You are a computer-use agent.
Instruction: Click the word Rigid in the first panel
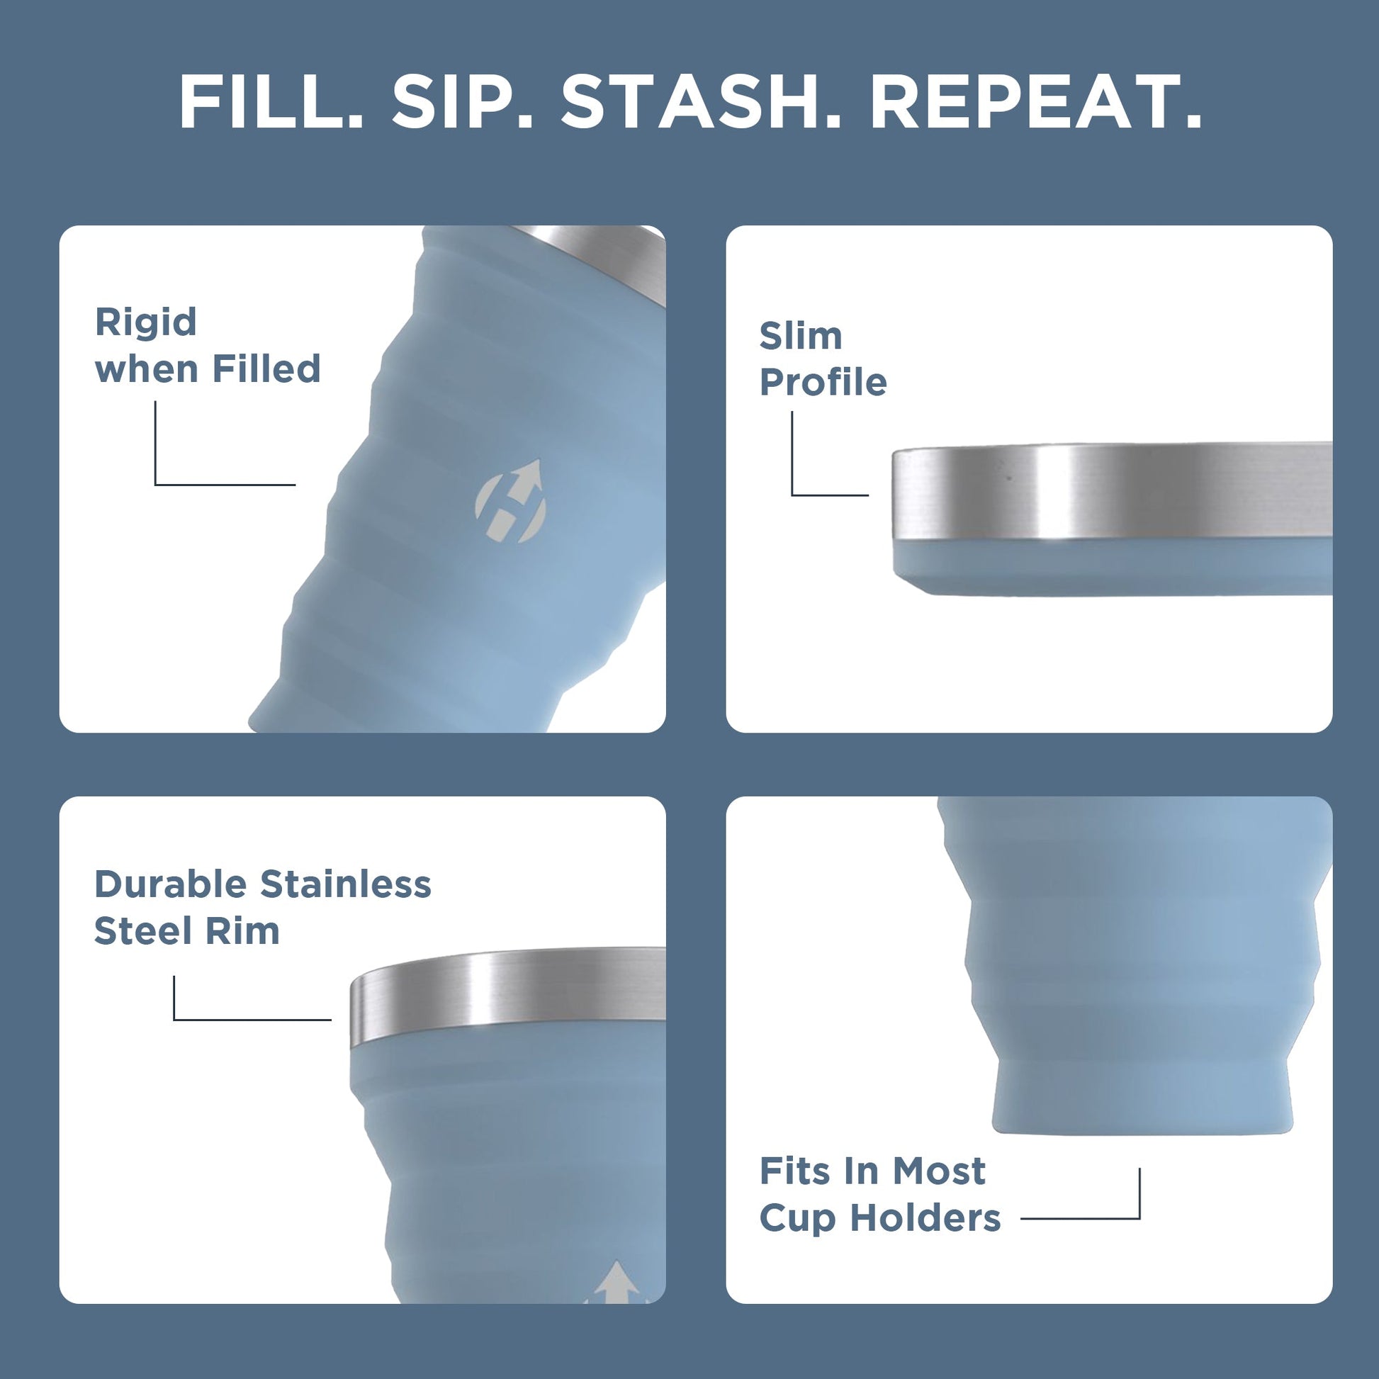[145, 322]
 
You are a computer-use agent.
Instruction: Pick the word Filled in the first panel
[266, 369]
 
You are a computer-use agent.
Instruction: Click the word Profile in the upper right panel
[822, 383]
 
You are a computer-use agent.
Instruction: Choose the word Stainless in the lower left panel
[346, 884]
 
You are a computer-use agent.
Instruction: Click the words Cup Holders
[879, 1217]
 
